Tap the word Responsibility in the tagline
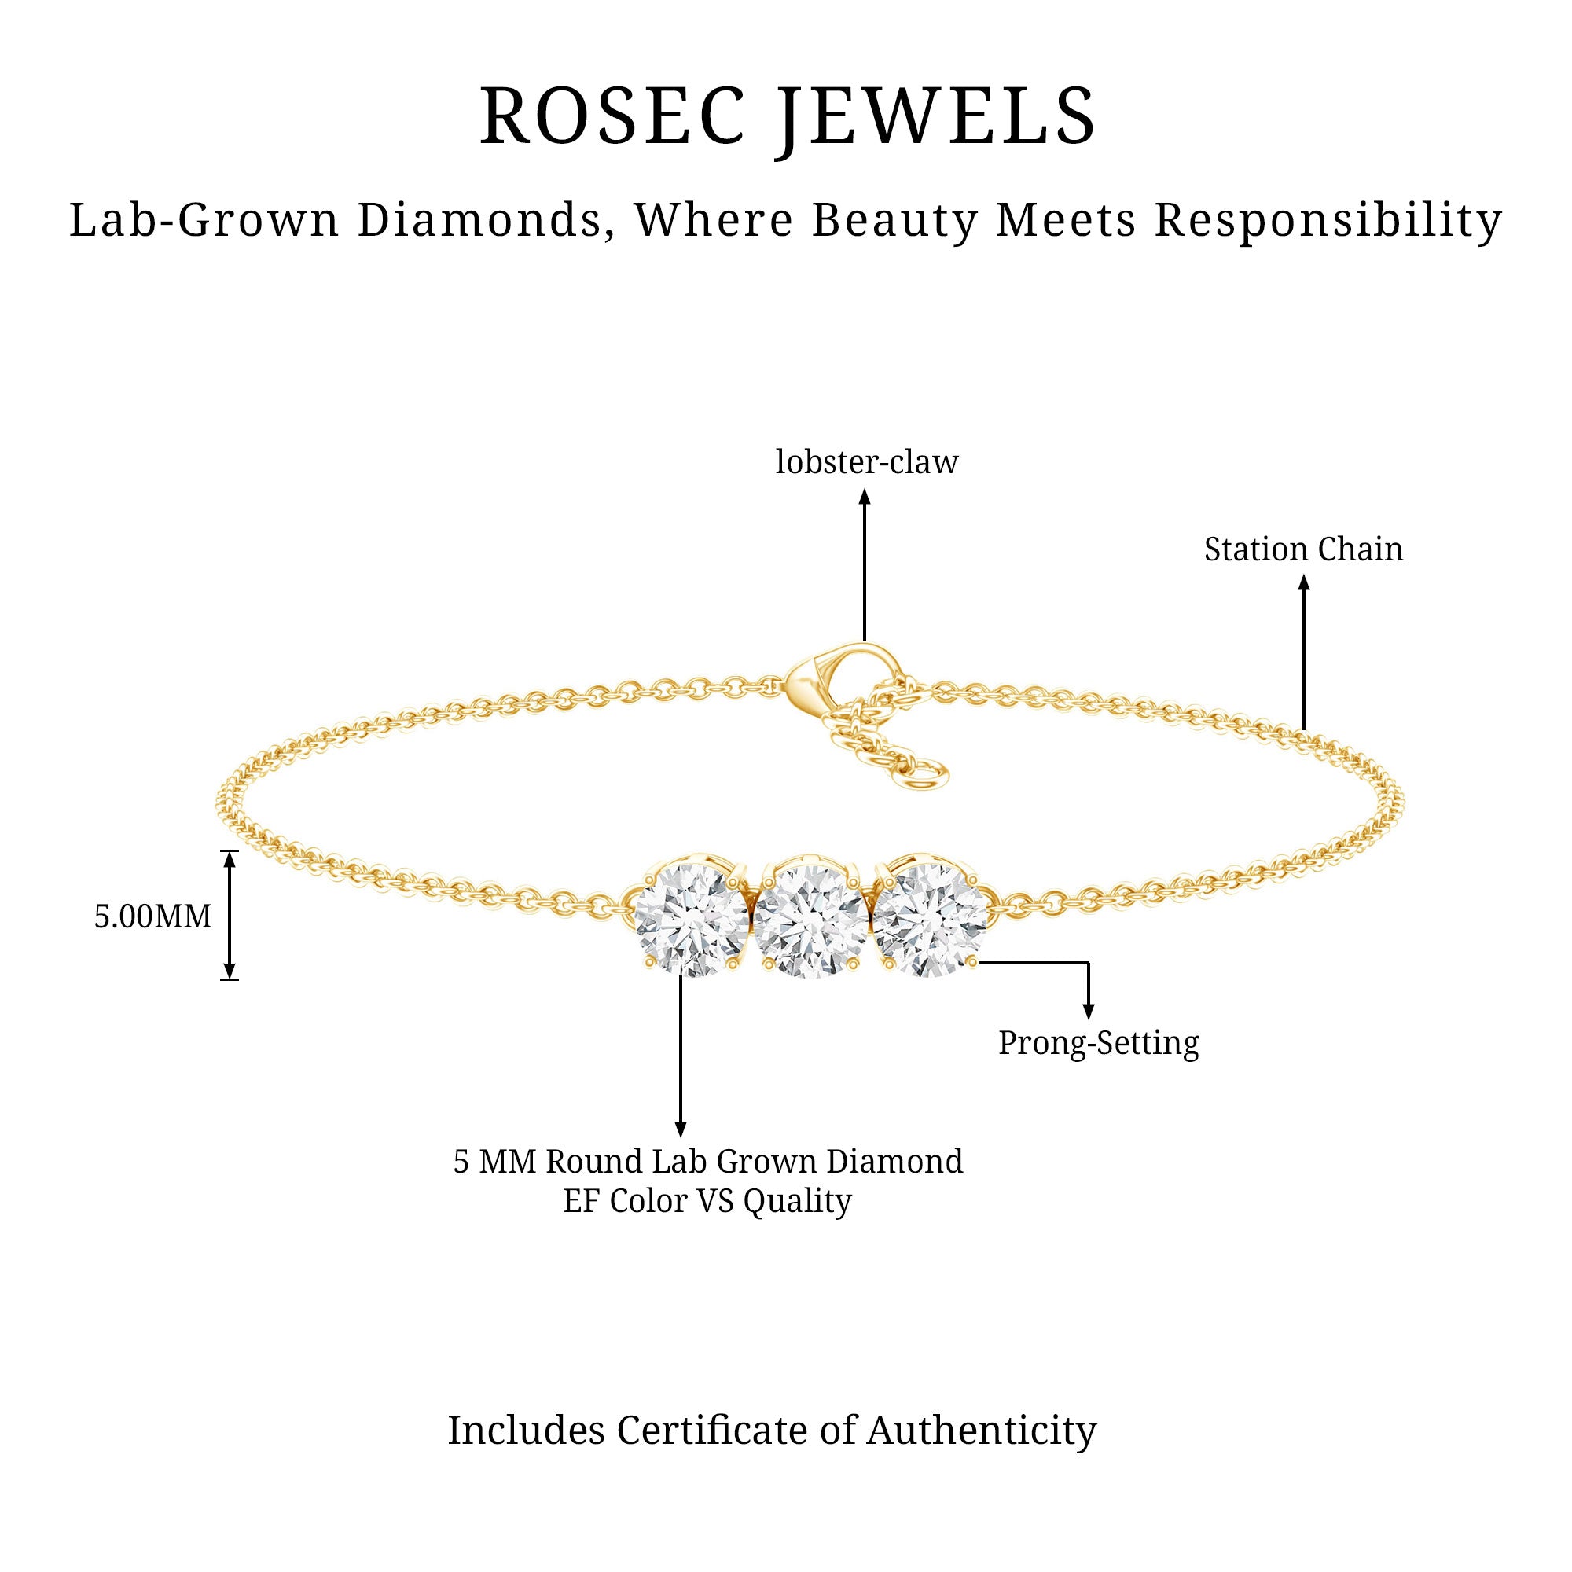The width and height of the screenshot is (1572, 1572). pyautogui.click(x=1328, y=221)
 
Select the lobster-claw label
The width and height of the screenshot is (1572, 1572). pyautogui.click(x=866, y=462)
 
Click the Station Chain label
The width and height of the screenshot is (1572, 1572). pyautogui.click(x=1303, y=549)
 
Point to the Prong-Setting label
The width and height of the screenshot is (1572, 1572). pyautogui.click(x=1099, y=1043)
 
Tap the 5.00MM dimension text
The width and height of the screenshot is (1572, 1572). pyautogui.click(x=153, y=916)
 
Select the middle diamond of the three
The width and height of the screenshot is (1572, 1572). pyautogui.click(x=810, y=920)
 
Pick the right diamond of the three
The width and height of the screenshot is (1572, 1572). pyautogui.click(x=929, y=918)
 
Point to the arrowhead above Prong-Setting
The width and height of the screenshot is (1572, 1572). pyautogui.click(x=1089, y=1012)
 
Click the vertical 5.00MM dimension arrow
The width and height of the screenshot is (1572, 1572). pyautogui.click(x=230, y=915)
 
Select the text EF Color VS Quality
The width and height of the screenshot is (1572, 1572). pyautogui.click(x=707, y=1200)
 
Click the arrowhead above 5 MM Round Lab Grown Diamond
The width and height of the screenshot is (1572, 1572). pyautogui.click(x=680, y=1130)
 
